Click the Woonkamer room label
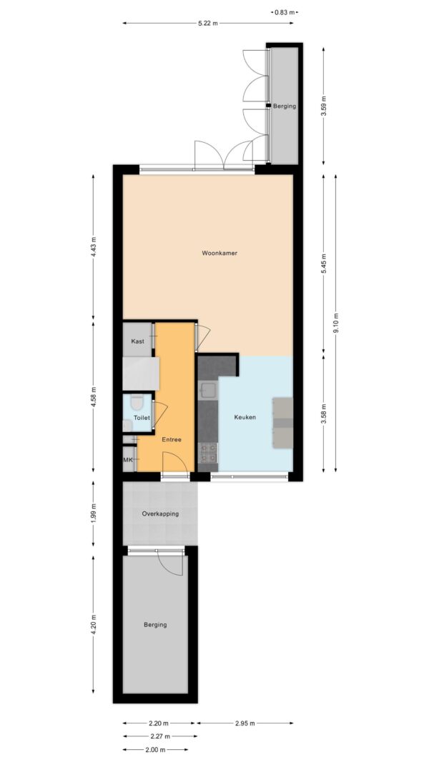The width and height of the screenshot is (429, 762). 220,253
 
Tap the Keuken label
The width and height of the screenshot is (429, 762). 245,417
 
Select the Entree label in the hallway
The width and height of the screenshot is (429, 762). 172,439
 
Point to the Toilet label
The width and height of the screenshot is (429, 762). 142,418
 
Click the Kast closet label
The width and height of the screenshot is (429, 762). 138,341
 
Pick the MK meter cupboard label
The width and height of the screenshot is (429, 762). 129,460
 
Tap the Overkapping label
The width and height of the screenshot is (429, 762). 160,513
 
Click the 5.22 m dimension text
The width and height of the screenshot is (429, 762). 207,24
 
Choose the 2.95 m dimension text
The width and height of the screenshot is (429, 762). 245,723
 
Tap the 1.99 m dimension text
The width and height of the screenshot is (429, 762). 94,513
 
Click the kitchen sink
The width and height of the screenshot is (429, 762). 208,390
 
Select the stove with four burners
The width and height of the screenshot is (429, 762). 208,453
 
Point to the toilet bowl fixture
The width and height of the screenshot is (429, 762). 137,401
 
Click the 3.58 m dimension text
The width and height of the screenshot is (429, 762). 324,414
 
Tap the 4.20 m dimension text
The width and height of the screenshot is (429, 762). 94,625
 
